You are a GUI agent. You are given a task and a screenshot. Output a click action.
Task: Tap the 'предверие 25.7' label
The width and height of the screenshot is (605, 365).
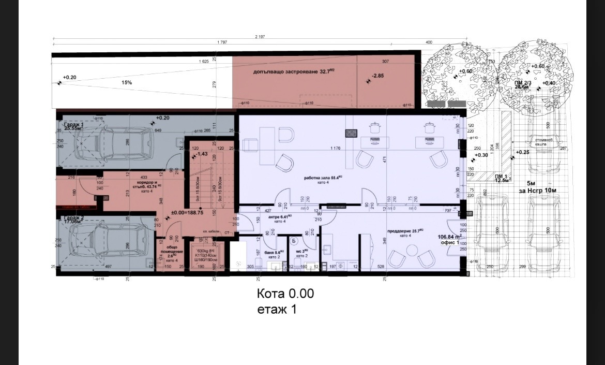(x=406, y=230)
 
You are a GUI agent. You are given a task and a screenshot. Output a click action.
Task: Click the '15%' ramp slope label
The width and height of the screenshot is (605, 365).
(x=127, y=82)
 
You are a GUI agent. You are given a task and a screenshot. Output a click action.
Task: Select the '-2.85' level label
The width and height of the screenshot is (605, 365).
(x=379, y=77)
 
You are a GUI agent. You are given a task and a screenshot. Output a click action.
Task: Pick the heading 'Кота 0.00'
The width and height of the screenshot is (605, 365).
(x=285, y=294)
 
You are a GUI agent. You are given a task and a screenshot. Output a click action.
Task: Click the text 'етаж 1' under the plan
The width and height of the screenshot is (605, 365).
(x=277, y=309)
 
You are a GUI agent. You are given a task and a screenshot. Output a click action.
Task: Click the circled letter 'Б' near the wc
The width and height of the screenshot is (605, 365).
(x=294, y=241)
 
